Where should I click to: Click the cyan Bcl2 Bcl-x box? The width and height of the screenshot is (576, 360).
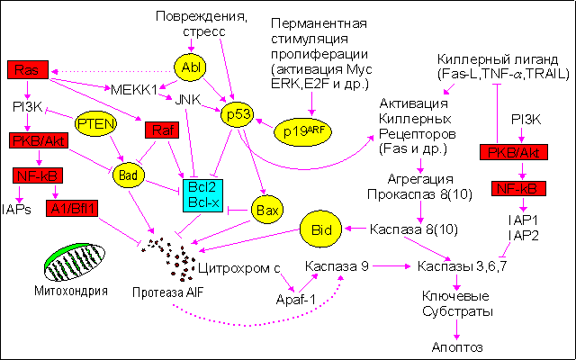pyautogui.click(x=200, y=196)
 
